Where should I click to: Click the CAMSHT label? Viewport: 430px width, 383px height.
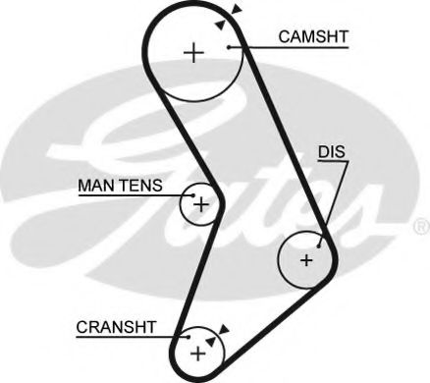pos(313,38)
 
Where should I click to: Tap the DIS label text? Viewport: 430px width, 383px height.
pos(330,152)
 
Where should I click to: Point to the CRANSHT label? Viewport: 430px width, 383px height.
pos(114,324)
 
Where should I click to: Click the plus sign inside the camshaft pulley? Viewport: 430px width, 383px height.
pos(196,52)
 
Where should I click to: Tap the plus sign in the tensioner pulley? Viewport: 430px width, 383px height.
pos(201,205)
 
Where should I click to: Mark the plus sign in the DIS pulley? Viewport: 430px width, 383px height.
pos(306,260)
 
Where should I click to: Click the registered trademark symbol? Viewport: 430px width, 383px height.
pos(421,226)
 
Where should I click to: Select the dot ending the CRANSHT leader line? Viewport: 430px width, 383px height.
pos(188,336)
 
